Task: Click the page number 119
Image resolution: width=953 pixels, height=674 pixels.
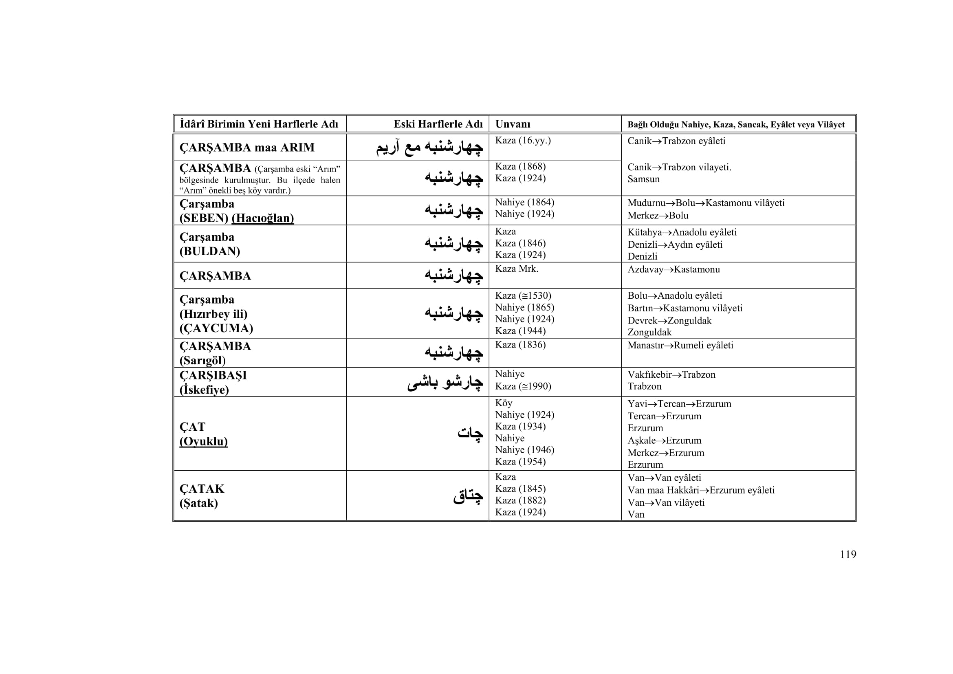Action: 847,555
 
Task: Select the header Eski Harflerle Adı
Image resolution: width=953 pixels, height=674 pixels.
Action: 438,124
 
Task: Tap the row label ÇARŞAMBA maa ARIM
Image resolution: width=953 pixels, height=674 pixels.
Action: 247,148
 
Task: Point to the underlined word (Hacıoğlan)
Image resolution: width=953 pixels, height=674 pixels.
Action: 263,218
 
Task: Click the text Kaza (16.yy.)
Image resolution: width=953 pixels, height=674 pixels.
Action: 523,141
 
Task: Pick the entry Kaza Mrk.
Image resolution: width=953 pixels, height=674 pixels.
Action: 516,269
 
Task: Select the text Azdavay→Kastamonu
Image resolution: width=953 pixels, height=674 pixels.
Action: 673,269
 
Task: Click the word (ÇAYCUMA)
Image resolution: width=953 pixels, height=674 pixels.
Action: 216,328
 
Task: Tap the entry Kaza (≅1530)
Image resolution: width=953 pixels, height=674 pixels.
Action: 523,295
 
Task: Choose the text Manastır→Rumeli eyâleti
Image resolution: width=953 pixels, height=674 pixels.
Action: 680,345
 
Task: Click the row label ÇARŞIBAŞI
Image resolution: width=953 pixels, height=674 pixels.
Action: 213,375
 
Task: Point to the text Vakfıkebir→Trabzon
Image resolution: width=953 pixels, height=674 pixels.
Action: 671,374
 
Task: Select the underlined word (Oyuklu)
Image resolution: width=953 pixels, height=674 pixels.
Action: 203,441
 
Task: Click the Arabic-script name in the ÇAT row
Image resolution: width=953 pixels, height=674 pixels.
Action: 470,434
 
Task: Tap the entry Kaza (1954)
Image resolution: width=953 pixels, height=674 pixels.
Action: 520,462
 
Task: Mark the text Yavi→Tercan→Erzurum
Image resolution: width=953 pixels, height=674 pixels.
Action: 679,404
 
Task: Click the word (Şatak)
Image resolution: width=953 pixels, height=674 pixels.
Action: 198,503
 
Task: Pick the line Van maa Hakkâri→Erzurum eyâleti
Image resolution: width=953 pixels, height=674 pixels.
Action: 701,490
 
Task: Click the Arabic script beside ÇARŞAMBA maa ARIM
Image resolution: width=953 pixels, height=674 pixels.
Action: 429,148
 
